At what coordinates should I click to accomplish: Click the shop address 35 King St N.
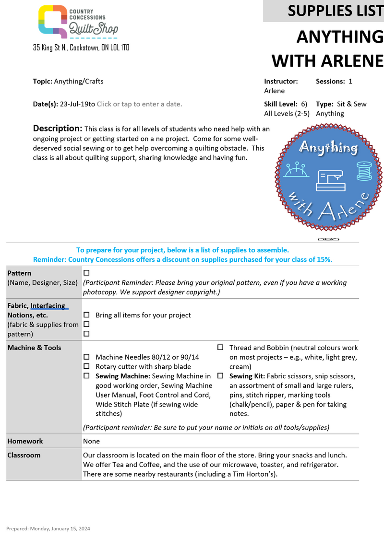[x=81, y=48]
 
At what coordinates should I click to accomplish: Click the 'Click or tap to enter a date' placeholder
[x=139, y=104]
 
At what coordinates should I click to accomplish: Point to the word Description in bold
[x=58, y=128]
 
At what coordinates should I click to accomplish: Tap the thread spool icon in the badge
[x=364, y=170]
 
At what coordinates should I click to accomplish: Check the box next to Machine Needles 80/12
[x=86, y=357]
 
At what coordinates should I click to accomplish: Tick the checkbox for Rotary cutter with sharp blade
[x=86, y=367]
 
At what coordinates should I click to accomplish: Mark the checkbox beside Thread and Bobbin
[x=220, y=348]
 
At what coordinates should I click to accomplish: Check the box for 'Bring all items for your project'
[x=86, y=315]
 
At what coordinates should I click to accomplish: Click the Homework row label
[x=25, y=441]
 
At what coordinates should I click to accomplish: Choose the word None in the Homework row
[x=91, y=441]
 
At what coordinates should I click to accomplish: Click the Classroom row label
[x=24, y=455]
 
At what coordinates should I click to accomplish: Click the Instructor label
[x=281, y=82]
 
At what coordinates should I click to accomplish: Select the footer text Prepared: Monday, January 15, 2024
[x=48, y=528]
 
